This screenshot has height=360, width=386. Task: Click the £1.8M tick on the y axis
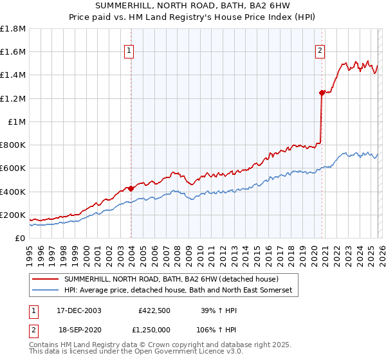13,29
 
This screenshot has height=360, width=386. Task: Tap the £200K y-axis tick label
13,215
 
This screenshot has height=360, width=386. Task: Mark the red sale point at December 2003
131,188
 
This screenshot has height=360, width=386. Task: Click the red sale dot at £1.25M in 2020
322,93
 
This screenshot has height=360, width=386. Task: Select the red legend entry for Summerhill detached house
170,279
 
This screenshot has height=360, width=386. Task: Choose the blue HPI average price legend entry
178,291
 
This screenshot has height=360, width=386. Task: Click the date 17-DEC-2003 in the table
78,310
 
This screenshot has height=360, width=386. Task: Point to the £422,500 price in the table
154,310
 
